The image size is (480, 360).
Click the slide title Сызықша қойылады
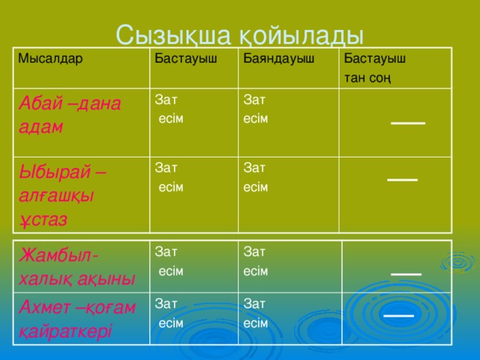(240, 34)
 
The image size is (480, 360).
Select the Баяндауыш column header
(277, 58)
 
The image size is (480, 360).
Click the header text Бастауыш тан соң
(374, 67)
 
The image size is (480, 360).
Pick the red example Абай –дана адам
(69, 115)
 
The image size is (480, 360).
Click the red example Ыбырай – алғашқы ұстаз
(63, 194)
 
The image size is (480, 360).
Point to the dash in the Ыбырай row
(402, 179)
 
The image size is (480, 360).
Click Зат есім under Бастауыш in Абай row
(168, 108)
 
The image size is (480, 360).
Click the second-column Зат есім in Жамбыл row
(168, 260)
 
